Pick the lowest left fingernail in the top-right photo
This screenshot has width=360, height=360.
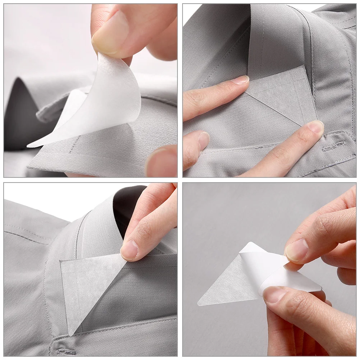point(204,140)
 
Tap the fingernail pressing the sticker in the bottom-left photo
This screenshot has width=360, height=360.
point(129,249)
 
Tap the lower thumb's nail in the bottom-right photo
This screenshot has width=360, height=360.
point(275,294)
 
